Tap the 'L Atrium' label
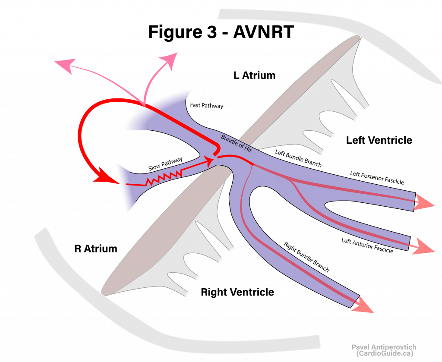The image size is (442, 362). pyautogui.click(x=254, y=76)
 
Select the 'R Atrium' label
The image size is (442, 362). pyautogui.click(x=96, y=249)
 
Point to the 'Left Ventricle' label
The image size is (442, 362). pyautogui.click(x=379, y=140)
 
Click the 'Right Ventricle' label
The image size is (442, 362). pyautogui.click(x=237, y=292)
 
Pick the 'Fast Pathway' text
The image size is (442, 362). pyautogui.click(x=207, y=105)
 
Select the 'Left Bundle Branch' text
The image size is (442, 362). pyautogui.click(x=298, y=158)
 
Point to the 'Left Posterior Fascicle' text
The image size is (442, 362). pyautogui.click(x=377, y=178)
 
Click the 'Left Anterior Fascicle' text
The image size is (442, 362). pyautogui.click(x=367, y=246)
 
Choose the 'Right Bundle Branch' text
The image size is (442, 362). pyautogui.click(x=306, y=257)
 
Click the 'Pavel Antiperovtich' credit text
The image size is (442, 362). pyautogui.click(x=383, y=347)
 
